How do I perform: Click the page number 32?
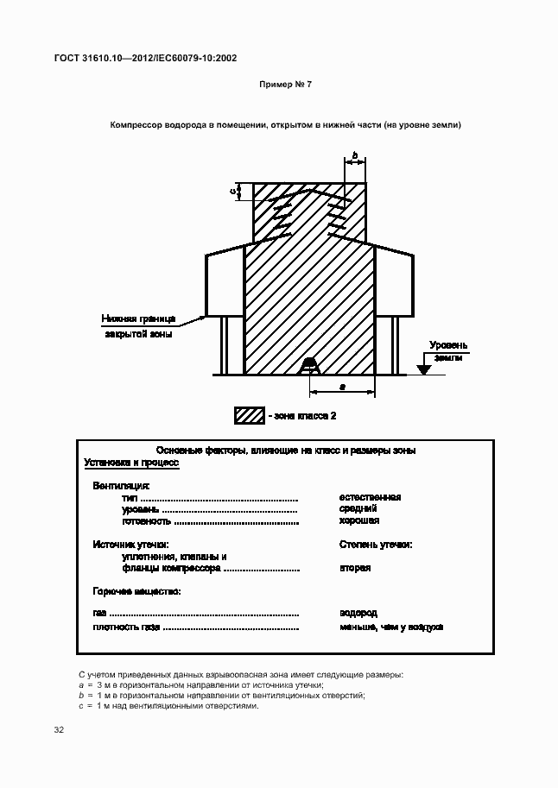point(59,730)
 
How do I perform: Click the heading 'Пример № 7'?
point(285,85)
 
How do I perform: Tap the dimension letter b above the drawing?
point(354,154)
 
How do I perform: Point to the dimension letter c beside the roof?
point(233,192)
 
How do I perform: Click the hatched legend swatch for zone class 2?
point(249,415)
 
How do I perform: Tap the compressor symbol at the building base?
point(309,367)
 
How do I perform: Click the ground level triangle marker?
point(423,369)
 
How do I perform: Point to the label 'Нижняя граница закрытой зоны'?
point(138,325)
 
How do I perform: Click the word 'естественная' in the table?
point(371,497)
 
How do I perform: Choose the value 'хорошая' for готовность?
point(360,521)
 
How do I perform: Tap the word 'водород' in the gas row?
point(358,613)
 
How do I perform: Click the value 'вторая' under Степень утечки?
point(356,568)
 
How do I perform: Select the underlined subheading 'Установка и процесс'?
point(131,463)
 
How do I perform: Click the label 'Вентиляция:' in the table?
point(121,486)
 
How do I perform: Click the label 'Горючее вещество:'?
point(136,591)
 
